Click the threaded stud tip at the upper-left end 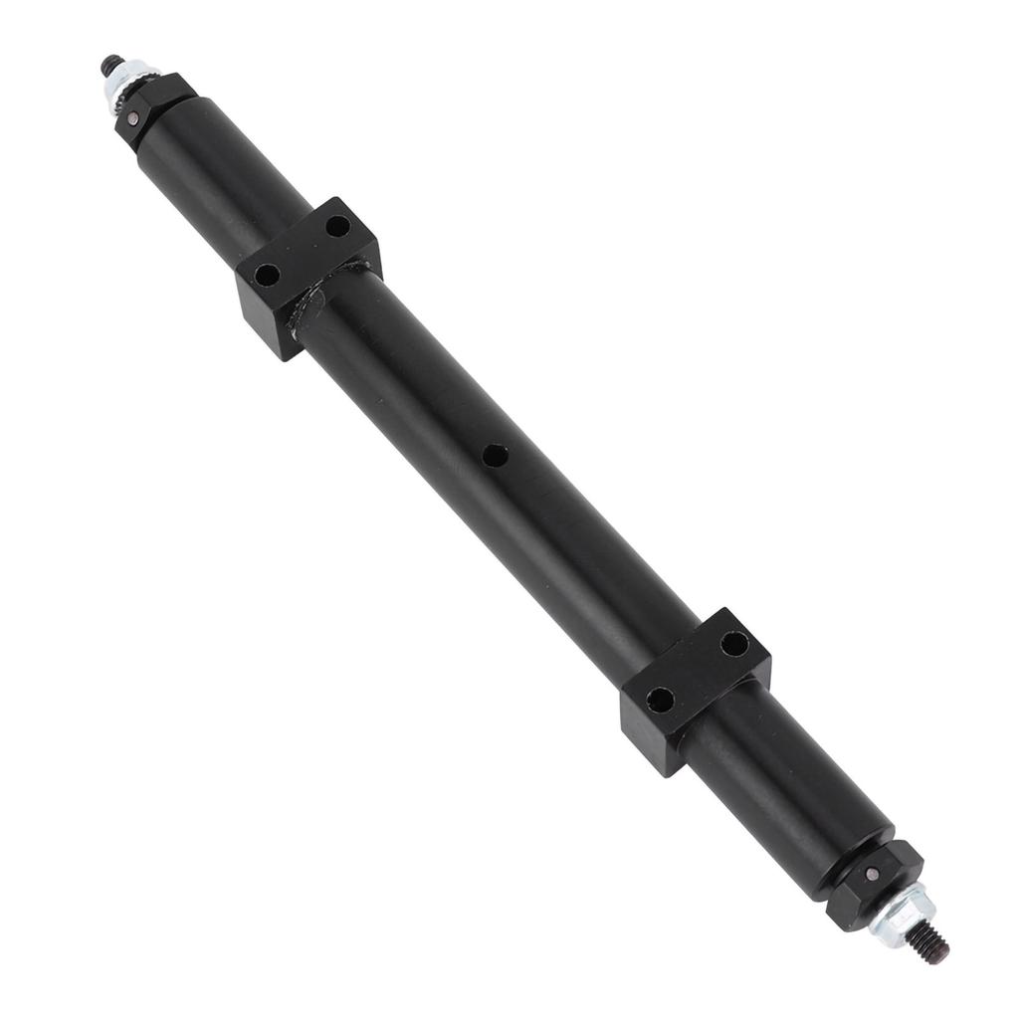pyautogui.click(x=106, y=67)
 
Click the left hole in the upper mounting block pyautogui.click(x=267, y=273)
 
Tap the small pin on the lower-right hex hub pyautogui.click(x=872, y=876)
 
